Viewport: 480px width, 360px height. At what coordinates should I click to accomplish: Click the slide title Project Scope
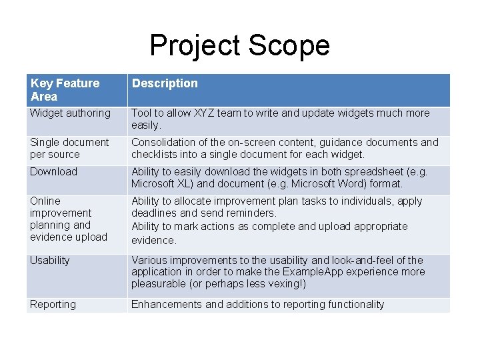(x=239, y=45)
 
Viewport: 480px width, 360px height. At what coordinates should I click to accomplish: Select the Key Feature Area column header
(x=65, y=89)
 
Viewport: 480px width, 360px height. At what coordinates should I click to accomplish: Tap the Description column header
(x=165, y=83)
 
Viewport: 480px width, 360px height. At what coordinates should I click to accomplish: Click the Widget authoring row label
(x=70, y=113)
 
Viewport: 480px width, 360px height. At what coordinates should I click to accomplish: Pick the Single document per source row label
(x=69, y=148)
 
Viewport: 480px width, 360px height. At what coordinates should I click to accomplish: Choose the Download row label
(x=53, y=172)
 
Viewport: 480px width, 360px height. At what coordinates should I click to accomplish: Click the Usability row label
(x=49, y=260)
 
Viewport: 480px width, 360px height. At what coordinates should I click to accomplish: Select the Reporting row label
(x=53, y=305)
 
